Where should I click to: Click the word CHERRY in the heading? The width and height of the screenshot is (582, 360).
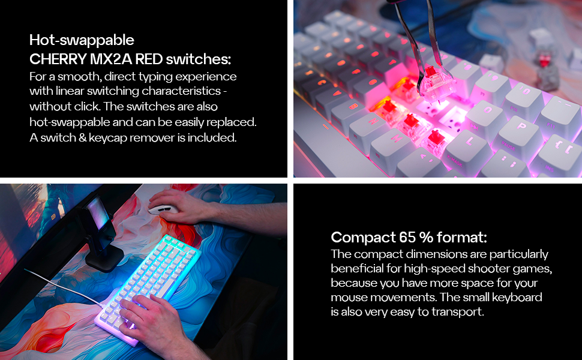[58, 59]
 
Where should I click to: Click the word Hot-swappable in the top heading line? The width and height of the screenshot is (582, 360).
[82, 40]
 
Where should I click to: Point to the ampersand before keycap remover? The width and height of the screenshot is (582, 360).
[82, 137]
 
